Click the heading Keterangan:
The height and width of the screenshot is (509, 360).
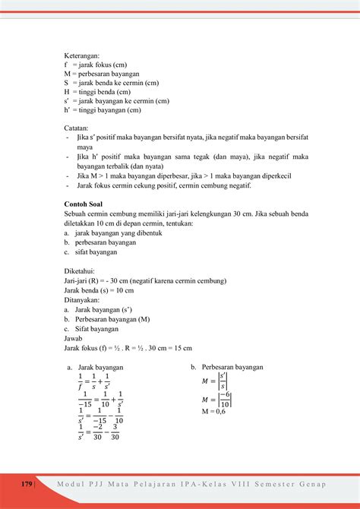point(83,55)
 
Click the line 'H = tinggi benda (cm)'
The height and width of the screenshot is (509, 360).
point(99,92)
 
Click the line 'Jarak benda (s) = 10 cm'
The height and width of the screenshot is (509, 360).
point(99,289)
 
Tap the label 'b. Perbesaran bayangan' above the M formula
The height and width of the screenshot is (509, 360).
point(227,367)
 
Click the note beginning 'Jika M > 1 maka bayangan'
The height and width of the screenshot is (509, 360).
point(185,175)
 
